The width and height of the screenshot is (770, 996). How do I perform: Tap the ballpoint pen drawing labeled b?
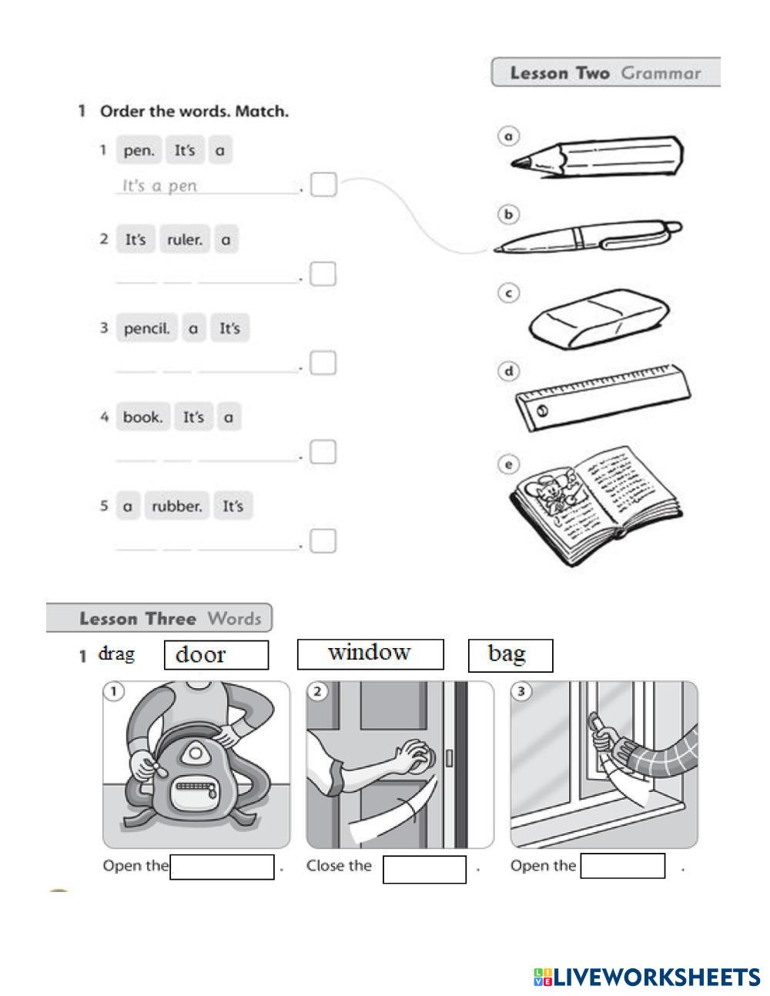tap(588, 236)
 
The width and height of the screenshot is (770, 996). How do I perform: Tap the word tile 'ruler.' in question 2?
tap(185, 239)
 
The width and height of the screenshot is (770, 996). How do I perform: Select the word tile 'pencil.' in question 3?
tap(146, 329)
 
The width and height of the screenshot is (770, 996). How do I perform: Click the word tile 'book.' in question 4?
tap(142, 417)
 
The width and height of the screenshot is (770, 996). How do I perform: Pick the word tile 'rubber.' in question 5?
tap(177, 506)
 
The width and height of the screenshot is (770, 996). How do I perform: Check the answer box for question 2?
tap(323, 275)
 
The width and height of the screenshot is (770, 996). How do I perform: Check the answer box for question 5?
tap(323, 541)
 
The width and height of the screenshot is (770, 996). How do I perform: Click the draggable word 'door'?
tap(216, 655)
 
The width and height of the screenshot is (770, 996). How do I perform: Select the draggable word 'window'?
tap(370, 653)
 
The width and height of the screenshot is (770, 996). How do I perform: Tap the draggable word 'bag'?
tap(510, 655)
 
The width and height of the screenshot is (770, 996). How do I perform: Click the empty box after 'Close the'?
tap(424, 869)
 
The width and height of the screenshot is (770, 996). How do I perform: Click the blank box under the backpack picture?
tap(222, 867)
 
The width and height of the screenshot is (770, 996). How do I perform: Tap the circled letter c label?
tap(508, 293)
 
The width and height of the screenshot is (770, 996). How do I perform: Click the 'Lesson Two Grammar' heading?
tap(605, 73)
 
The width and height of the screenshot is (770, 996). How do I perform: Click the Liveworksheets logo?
tap(646, 978)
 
